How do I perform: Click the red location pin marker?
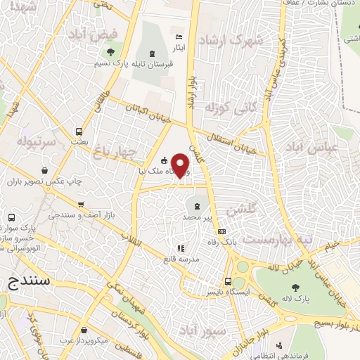[181, 165]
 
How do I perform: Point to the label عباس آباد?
[312, 148]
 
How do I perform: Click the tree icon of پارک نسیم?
[109, 52]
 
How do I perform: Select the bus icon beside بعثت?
[79, 131]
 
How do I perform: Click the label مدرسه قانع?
[180, 258]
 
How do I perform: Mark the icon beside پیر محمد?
[196, 206]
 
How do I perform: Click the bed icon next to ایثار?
[179, 37]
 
